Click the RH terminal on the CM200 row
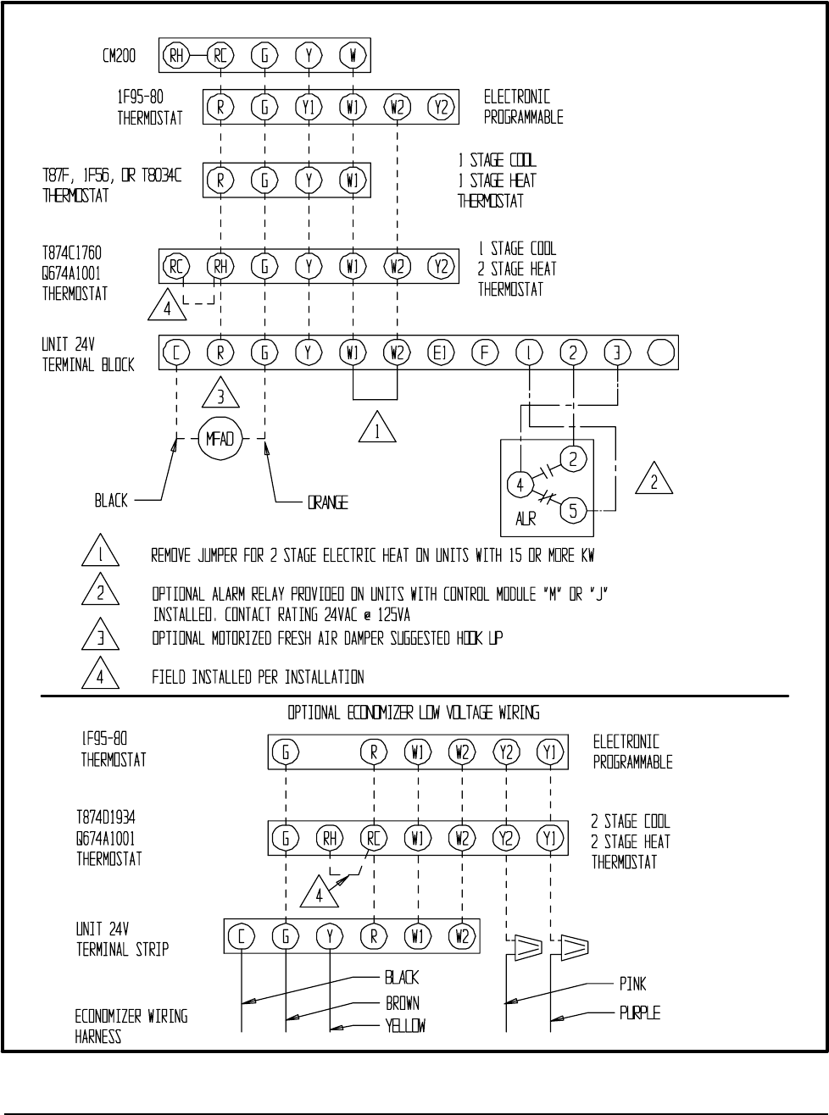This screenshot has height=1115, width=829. pyautogui.click(x=176, y=57)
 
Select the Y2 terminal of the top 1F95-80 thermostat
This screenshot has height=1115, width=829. pyautogui.click(x=442, y=108)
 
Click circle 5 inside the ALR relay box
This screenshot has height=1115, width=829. pyautogui.click(x=574, y=511)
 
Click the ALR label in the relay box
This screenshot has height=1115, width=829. pyautogui.click(x=526, y=519)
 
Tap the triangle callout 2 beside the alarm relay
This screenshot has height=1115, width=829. pyautogui.click(x=654, y=480)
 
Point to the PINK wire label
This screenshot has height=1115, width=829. pyautogui.click(x=632, y=985)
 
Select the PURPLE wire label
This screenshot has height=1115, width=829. pyautogui.click(x=639, y=1012)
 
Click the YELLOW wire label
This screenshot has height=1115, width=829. pyautogui.click(x=405, y=1026)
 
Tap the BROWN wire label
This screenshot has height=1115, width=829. pyautogui.click(x=403, y=1003)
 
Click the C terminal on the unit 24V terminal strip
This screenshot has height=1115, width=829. pyautogui.click(x=242, y=936)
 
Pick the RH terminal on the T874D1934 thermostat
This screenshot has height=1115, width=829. pyautogui.click(x=330, y=839)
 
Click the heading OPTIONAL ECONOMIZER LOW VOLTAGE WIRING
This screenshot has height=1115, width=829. pyautogui.click(x=414, y=713)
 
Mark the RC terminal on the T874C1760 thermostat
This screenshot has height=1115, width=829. pyautogui.click(x=176, y=266)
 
